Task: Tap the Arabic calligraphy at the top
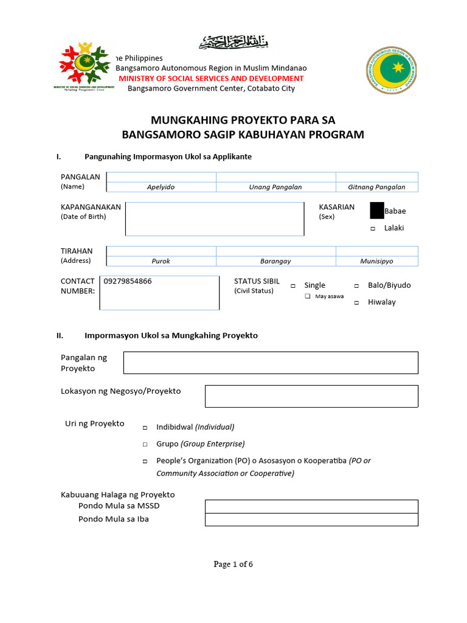tap(233, 43)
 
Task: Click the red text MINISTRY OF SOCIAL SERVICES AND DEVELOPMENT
tap(211, 78)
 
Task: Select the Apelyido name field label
tap(161, 187)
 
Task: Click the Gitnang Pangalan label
tap(376, 187)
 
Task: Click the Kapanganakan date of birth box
tap(215, 219)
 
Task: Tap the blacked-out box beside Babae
tap(377, 211)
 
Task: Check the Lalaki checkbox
tap(373, 229)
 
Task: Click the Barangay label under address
tap(275, 261)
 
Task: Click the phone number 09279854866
tap(128, 282)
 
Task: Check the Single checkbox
tap(293, 286)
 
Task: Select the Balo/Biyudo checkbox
tap(357, 286)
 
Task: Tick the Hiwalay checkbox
tap(357, 303)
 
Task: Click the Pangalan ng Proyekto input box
tap(271, 363)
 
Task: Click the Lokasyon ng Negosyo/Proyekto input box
tap(311, 396)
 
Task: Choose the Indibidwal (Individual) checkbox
tap(145, 428)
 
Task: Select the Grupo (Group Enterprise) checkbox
tap(145, 445)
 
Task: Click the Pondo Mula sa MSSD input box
tap(311, 506)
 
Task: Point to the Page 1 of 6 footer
tap(233, 564)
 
